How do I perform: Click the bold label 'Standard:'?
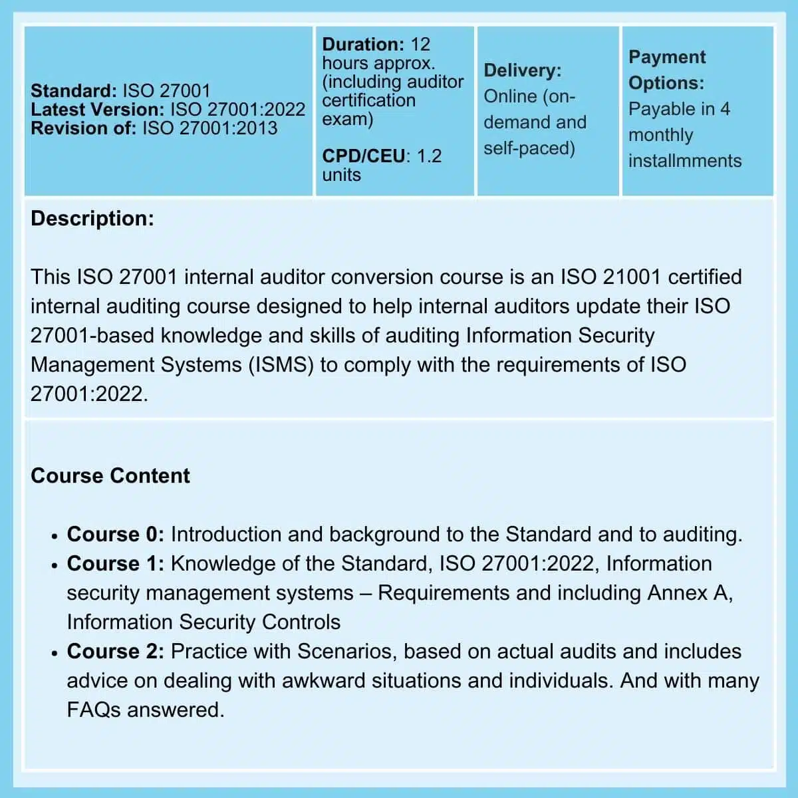point(73,91)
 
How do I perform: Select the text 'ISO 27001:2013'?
point(209,128)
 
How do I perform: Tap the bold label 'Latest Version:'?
point(97,110)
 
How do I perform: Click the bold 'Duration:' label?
point(362,45)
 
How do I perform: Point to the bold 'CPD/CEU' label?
point(363,156)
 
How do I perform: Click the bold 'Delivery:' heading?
point(522,70)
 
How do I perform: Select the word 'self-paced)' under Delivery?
point(529,148)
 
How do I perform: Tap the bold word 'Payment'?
point(666,57)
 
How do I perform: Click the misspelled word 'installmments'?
point(684,161)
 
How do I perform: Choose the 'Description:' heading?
point(92,219)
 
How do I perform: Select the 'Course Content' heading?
point(110,476)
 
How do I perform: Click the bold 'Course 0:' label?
point(115,535)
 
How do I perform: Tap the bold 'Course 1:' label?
point(115,564)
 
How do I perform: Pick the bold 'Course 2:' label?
point(115,652)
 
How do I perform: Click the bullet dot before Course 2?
point(55,653)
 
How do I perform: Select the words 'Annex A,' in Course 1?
point(690,593)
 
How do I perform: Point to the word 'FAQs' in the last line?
point(93,710)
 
